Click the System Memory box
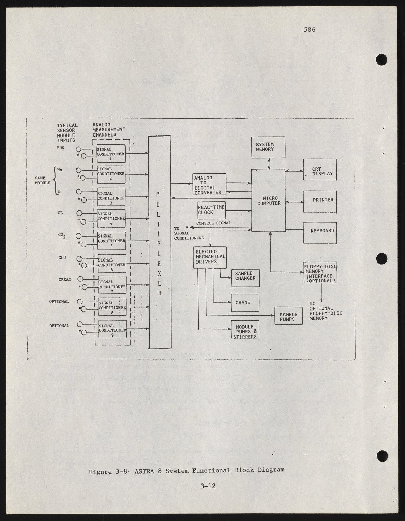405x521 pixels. tap(268, 147)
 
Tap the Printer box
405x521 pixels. tap(320, 202)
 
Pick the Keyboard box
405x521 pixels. tap(320, 232)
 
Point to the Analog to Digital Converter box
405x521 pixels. tap(210, 184)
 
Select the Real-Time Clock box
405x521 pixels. tap(211, 210)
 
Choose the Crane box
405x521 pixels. tap(245, 302)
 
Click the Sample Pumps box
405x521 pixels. tap(288, 316)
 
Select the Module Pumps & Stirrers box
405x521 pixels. tap(245, 329)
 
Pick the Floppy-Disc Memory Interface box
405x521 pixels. tap(320, 273)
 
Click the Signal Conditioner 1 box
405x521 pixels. tap(111, 154)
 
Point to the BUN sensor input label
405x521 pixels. tap(61, 148)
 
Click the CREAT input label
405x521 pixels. tap(65, 279)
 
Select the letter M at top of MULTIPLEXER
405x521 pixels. tap(158, 195)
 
